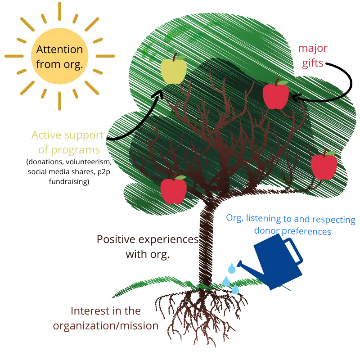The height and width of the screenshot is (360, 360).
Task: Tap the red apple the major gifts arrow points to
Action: (275, 96)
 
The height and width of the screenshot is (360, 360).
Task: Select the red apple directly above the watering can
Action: (324, 166)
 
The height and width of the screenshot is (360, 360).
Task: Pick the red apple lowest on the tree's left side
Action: (174, 190)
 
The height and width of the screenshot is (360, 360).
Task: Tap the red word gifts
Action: (313, 63)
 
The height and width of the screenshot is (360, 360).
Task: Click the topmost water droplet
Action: (232, 269)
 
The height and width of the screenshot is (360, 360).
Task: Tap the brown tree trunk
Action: (207, 243)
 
